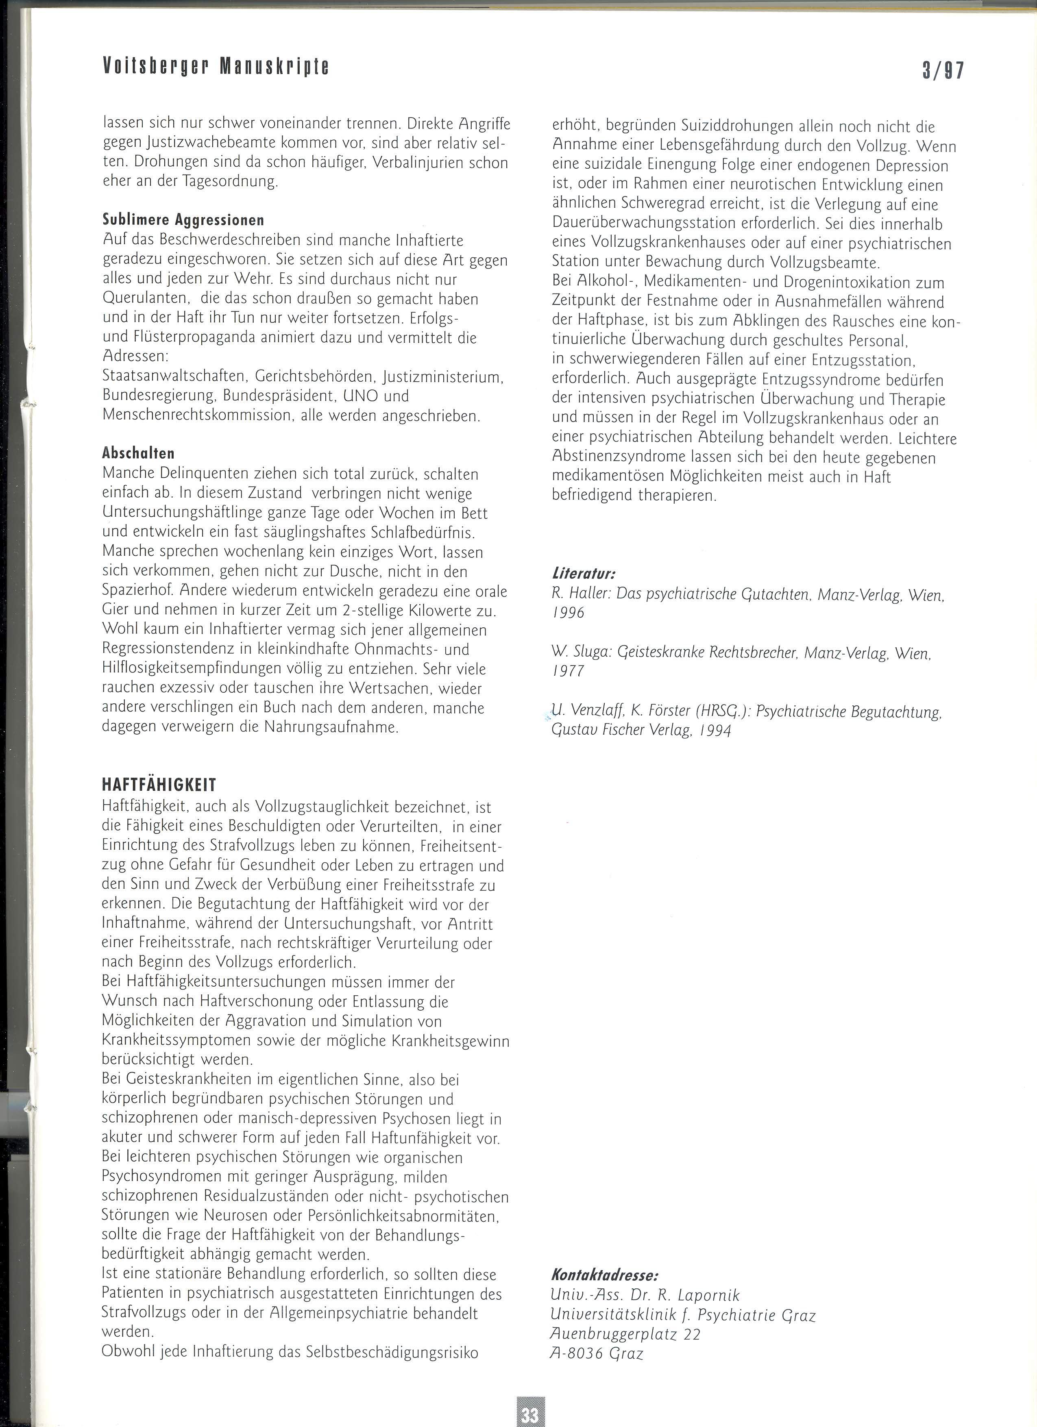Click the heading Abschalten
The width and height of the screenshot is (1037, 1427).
click(x=138, y=453)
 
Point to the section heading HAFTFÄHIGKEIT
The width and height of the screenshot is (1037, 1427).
click(x=159, y=785)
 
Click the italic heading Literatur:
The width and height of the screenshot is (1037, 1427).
click(x=583, y=574)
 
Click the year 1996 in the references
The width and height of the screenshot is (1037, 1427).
click(x=568, y=613)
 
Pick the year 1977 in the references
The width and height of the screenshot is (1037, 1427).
click(x=568, y=671)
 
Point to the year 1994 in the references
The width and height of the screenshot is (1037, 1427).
click(x=714, y=731)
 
